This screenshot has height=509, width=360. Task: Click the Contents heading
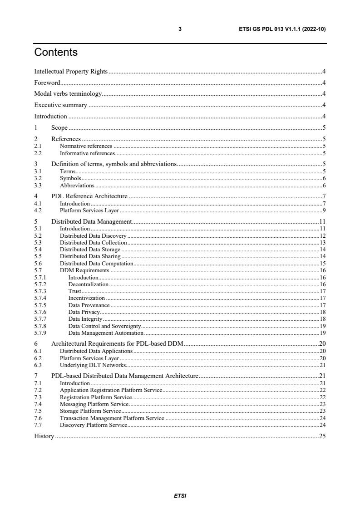click(56, 53)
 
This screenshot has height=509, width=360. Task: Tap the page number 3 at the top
click(180, 29)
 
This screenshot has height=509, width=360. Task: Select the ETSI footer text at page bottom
click(180, 496)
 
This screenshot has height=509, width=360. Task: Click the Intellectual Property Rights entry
click(71, 72)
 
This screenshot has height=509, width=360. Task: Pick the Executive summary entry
click(60, 105)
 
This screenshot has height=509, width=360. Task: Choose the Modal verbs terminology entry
click(68, 94)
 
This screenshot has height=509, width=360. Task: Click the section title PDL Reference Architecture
click(89, 196)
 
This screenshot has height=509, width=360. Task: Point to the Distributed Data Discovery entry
click(93, 236)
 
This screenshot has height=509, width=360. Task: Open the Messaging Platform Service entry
click(94, 404)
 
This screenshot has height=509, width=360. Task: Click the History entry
click(44, 436)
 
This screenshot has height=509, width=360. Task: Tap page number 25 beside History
click(322, 436)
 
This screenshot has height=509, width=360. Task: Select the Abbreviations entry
click(77, 186)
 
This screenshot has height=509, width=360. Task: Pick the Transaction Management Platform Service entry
click(112, 418)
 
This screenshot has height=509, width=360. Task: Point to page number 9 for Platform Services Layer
click(324, 210)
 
